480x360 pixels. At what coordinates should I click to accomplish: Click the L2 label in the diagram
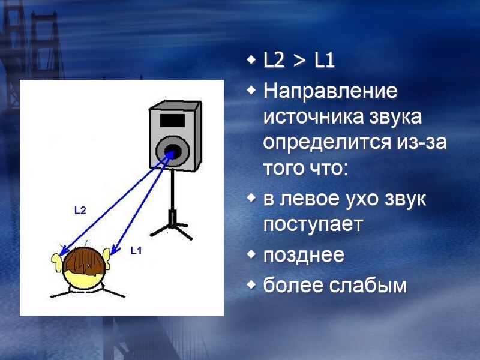[80, 210]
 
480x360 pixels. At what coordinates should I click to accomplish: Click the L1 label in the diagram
[136, 251]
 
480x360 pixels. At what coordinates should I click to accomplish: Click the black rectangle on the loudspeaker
[172, 119]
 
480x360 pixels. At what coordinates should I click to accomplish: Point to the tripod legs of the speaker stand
[172, 229]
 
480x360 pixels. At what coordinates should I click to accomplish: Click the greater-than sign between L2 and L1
[298, 61]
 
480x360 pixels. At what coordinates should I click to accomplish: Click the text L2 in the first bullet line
[275, 61]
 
